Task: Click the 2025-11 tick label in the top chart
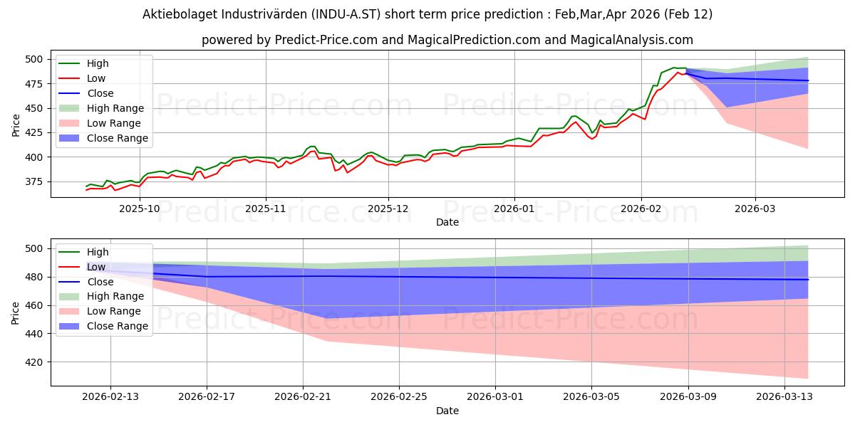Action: click(266, 209)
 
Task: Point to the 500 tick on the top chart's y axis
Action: click(34, 59)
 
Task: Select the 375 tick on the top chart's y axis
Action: click(34, 182)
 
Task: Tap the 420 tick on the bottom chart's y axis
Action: click(34, 362)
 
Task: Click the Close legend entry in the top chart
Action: click(99, 93)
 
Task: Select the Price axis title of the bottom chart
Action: click(16, 312)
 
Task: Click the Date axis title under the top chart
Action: click(447, 222)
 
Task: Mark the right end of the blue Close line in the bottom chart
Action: click(808, 280)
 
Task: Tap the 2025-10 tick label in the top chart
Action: click(140, 209)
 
